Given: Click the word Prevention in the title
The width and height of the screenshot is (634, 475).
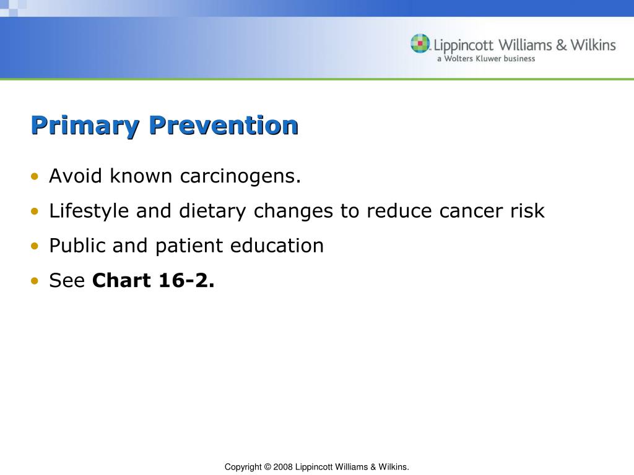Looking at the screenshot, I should (224, 126).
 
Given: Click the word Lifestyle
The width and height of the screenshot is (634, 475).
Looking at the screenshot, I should (90, 212).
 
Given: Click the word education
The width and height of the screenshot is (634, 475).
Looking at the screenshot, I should (277, 246).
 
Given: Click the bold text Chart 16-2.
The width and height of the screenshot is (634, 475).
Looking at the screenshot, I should (153, 281).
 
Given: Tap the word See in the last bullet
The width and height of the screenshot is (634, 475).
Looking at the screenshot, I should (66, 281).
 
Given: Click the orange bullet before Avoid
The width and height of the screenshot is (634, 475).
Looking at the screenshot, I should (35, 177).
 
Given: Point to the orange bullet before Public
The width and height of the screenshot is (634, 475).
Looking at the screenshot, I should (35, 246).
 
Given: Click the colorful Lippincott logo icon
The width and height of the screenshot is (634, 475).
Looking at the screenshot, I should (420, 44).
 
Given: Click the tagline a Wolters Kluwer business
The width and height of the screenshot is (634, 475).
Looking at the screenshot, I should (486, 59).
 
